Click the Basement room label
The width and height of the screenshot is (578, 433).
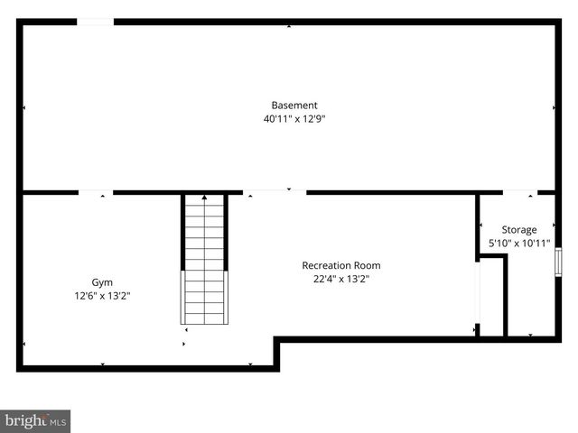(x=294, y=105)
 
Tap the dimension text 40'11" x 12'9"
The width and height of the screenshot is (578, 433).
(x=294, y=118)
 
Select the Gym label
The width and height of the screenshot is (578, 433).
(x=102, y=282)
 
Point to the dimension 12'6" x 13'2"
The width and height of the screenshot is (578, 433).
(x=102, y=296)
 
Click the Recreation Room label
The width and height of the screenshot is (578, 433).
(x=340, y=265)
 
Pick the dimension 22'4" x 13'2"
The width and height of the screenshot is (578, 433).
(x=340, y=279)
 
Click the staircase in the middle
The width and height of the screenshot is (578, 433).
(x=205, y=262)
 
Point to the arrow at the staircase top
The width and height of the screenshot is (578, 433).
(x=205, y=197)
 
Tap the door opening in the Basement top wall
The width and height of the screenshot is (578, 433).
(x=95, y=22)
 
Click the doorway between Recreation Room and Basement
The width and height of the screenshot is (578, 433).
(x=275, y=192)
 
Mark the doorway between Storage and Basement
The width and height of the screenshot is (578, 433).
(x=519, y=192)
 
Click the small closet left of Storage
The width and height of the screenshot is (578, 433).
(x=491, y=298)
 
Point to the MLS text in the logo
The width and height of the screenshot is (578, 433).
(x=58, y=421)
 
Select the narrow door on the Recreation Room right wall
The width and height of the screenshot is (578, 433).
(x=478, y=298)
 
